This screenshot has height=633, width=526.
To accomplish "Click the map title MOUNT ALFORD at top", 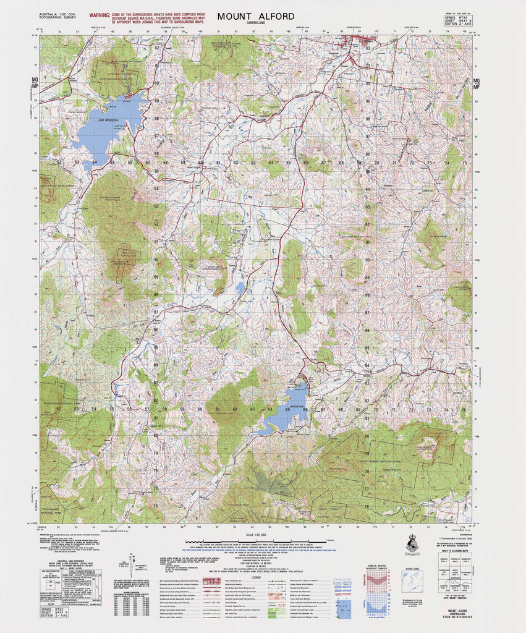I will [255, 16].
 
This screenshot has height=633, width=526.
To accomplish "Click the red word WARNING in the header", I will [100, 14].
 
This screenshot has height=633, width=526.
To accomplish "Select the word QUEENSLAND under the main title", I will [255, 23].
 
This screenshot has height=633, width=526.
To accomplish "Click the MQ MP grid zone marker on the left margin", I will [35, 83].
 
